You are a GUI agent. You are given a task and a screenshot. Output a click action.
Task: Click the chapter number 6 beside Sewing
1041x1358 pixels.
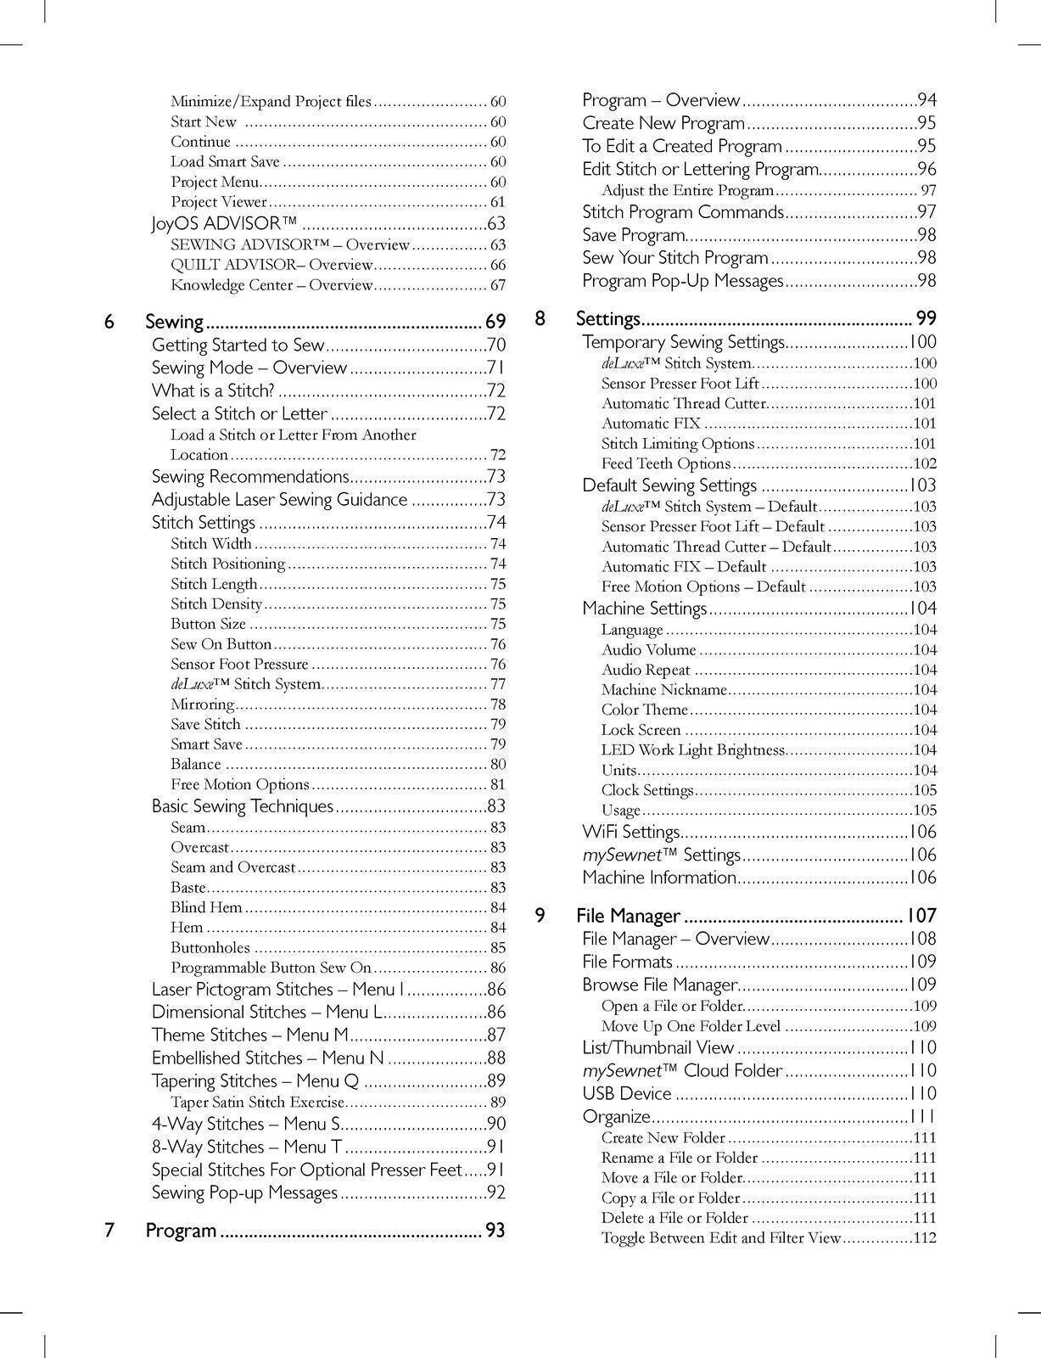point(109,323)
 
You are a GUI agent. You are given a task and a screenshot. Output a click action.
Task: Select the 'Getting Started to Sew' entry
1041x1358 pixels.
point(238,345)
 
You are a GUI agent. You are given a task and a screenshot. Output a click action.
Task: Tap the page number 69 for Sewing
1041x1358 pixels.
point(495,323)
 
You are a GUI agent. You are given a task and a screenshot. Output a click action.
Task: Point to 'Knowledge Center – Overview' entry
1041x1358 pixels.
point(271,286)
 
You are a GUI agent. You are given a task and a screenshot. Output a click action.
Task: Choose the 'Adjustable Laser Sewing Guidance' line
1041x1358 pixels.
point(279,500)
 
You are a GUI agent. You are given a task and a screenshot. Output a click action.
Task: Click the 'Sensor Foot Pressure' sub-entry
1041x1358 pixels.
point(239,665)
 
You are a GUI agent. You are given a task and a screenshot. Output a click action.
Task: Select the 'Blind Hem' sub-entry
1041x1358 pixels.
point(206,907)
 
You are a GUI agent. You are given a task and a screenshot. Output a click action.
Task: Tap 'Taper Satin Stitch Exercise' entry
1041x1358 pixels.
point(257,1103)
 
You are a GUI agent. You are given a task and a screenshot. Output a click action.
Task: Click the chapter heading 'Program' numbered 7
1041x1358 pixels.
point(181,1231)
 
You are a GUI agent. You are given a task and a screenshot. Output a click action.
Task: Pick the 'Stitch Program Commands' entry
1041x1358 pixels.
point(682,212)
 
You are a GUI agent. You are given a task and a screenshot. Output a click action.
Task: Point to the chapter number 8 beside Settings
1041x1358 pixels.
point(540,319)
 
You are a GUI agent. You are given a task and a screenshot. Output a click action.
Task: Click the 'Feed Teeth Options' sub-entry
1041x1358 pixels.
point(665,464)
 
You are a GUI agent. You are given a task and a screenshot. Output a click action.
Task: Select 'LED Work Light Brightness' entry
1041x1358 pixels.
point(692,750)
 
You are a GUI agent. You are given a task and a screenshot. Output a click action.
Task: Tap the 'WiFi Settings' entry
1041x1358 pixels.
point(630,833)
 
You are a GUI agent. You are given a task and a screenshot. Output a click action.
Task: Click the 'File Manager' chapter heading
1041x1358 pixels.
point(628,916)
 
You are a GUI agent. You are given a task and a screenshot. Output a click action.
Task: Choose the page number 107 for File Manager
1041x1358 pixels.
point(921,916)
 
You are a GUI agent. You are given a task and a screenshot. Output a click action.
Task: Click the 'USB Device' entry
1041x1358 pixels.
point(626,1094)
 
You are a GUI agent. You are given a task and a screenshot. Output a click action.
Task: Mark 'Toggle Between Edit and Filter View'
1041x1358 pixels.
point(720,1238)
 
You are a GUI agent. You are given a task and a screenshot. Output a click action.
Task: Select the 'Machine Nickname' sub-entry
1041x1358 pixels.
point(663,690)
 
